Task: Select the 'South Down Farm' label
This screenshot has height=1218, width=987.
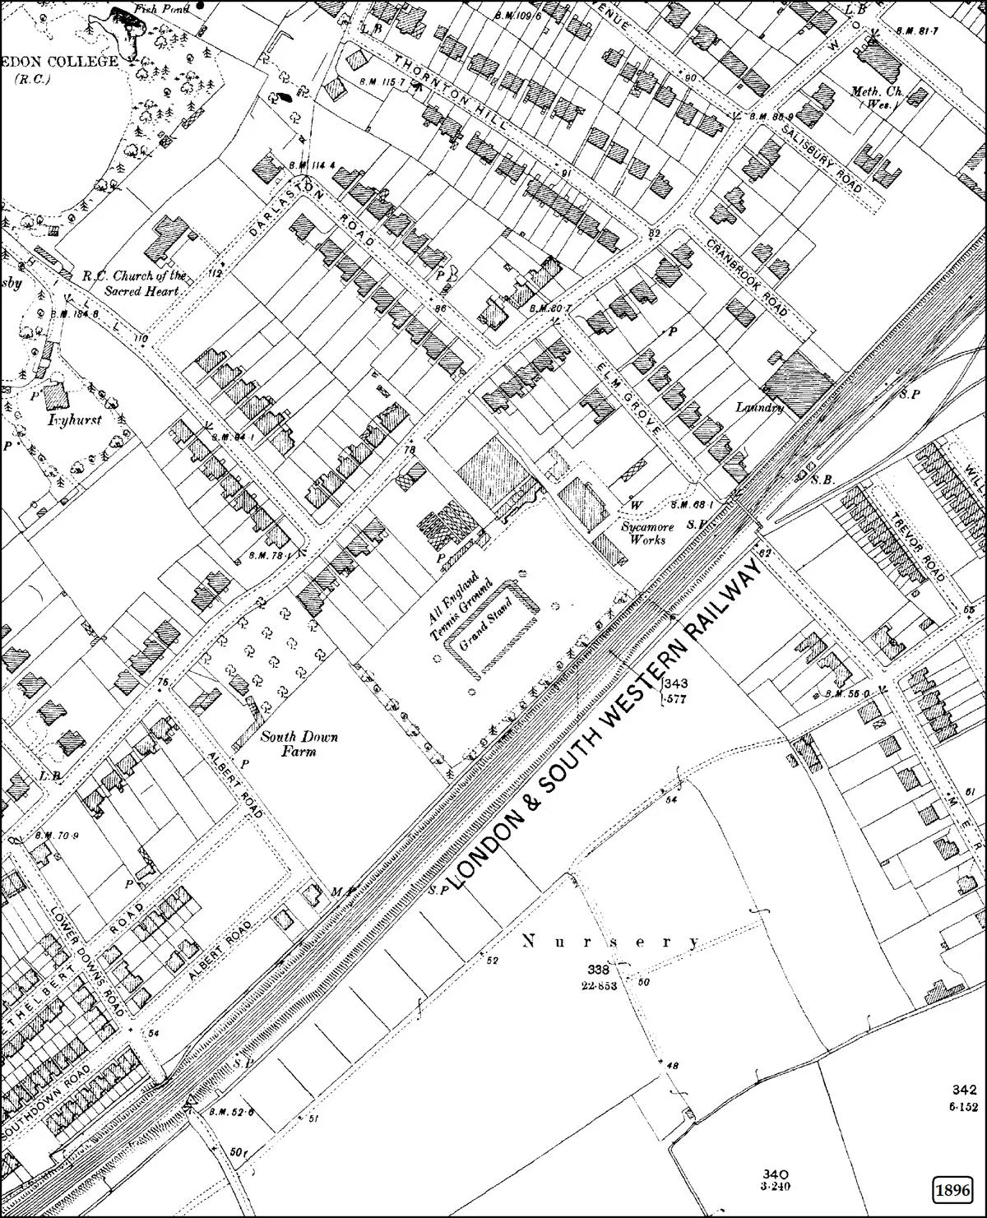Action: coord(288,743)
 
